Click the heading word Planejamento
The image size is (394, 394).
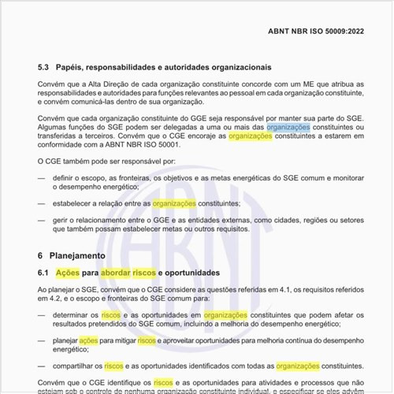pyautogui.click(x=80, y=256)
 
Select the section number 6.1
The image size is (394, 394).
pyautogui.click(x=46, y=273)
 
